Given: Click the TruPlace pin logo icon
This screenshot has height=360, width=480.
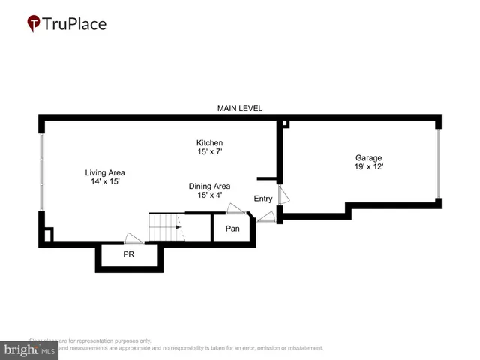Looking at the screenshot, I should point(34,24).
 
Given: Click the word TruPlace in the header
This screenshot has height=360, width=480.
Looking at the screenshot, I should point(75,24).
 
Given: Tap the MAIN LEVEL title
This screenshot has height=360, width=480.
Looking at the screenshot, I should point(240,108).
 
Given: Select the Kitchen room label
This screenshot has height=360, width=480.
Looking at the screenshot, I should point(209,142).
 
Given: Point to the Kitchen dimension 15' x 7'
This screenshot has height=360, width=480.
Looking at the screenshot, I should point(209,152).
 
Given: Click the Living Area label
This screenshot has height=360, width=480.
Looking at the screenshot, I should point(104,172).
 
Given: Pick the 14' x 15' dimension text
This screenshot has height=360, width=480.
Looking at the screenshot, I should point(104,181).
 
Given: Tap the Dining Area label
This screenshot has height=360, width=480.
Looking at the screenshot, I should point(209,186).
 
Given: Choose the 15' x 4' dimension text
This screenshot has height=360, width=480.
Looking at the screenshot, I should point(209,196).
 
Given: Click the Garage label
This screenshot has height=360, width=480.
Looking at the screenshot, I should point(368,157).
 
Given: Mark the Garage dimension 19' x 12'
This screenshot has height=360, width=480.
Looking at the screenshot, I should point(368,167).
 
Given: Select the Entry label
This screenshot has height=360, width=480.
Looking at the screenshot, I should point(263,199).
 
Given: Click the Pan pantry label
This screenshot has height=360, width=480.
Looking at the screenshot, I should point(232,228).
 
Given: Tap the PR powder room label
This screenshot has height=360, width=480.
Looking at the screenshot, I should point(128,255).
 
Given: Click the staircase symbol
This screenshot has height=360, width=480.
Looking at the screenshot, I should point(165,226).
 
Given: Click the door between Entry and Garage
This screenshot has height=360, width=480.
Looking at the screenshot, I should point(280,195).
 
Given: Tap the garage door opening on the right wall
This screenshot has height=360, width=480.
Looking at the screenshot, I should point(438,163).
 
